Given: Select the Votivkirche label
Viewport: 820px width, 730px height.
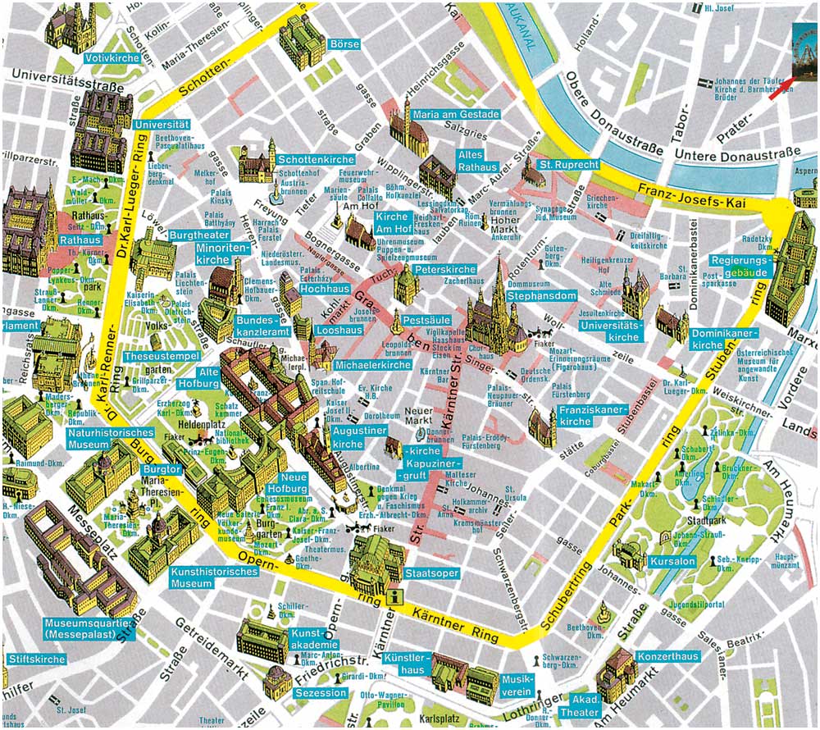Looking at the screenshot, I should [112, 59].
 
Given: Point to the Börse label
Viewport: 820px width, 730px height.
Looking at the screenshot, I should [339, 43].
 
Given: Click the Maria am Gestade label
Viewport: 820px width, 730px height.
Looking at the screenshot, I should [455, 114].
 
